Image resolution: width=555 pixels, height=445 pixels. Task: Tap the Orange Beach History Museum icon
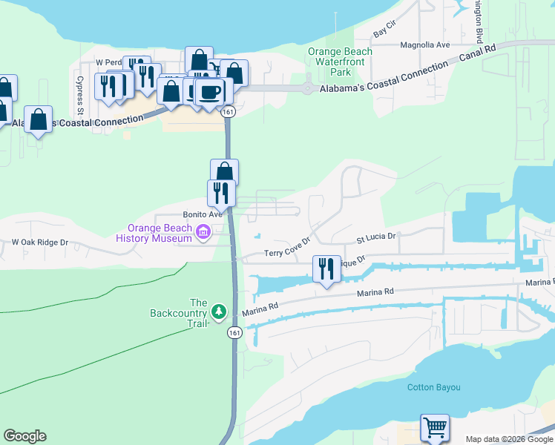(x=202, y=234)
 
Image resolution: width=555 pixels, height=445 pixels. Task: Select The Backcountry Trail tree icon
(x=219, y=309)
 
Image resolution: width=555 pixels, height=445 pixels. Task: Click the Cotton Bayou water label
(x=434, y=387)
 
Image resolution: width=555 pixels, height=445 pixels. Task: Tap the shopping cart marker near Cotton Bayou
(x=434, y=427)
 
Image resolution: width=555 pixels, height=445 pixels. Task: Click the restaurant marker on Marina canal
(x=326, y=268)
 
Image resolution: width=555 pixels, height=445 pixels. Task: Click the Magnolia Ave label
(x=425, y=45)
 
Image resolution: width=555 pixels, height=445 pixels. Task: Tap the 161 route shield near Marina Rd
(x=234, y=333)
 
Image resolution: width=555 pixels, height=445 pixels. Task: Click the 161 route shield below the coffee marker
(x=228, y=111)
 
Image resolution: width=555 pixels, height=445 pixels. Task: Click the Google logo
(x=24, y=436)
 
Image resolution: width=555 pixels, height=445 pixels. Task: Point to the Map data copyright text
(x=508, y=439)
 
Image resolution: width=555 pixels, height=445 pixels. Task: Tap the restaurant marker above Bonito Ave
(x=221, y=193)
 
